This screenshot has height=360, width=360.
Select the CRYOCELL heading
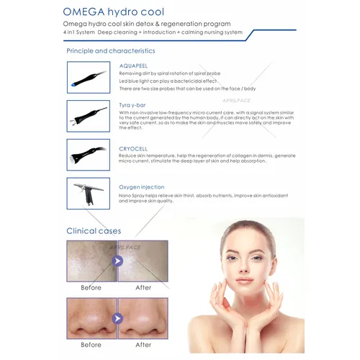(135, 147)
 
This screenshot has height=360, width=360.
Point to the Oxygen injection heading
(142, 186)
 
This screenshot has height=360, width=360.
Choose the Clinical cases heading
(94, 231)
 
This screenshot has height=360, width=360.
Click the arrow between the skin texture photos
(117, 261)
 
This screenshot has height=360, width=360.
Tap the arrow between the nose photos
(117, 318)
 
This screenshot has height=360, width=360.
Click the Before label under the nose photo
(91, 344)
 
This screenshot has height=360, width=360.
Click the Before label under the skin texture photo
(91, 287)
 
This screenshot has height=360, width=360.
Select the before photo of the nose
(91, 317)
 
